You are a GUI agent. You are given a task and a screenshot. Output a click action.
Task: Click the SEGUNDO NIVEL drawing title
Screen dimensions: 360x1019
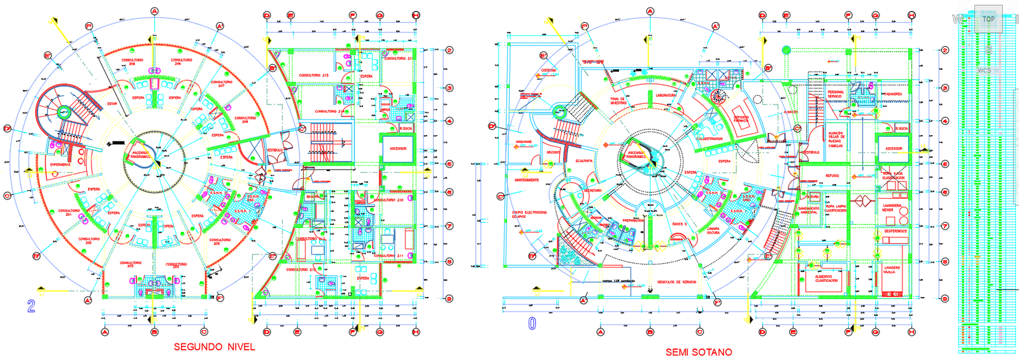pyautogui.click(x=214, y=347)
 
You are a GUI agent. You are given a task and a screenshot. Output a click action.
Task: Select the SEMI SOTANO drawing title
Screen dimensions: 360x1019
pyautogui.click(x=699, y=352)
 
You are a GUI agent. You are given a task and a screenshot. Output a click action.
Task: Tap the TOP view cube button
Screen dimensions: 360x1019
pyautogui.click(x=988, y=19)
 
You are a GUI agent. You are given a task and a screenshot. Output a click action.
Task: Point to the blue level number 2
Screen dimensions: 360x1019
pyautogui.click(x=31, y=306)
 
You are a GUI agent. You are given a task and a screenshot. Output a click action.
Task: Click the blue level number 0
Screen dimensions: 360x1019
pyautogui.click(x=532, y=324)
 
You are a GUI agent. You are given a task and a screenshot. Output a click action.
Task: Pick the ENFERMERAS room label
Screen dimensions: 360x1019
pyautogui.click(x=61, y=165)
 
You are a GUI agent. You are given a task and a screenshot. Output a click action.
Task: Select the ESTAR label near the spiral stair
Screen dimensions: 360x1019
pyautogui.click(x=112, y=104)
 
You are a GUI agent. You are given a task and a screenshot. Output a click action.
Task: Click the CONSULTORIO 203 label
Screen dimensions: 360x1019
pyautogui.click(x=131, y=264)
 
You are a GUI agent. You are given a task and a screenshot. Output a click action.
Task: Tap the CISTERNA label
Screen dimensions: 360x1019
pyautogui.click(x=548, y=71)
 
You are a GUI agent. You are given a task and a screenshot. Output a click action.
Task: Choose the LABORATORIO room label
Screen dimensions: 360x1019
pyautogui.click(x=666, y=96)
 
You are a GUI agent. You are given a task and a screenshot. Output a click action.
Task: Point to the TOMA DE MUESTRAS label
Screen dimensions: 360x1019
pyautogui.click(x=618, y=101)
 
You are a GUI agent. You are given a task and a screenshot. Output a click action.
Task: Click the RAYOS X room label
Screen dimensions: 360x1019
pyautogui.click(x=680, y=224)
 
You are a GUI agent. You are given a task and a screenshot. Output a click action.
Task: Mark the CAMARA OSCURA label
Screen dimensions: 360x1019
pyautogui.click(x=713, y=231)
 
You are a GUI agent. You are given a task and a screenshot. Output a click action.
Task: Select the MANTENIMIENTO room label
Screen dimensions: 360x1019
pyautogui.click(x=527, y=180)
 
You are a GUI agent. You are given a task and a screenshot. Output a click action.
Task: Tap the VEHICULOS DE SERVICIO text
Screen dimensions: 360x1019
pyautogui.click(x=677, y=282)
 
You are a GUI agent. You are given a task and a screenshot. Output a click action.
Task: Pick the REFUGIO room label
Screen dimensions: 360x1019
pyautogui.click(x=832, y=176)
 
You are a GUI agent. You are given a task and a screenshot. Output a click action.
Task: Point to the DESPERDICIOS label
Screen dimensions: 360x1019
pyautogui.click(x=895, y=231)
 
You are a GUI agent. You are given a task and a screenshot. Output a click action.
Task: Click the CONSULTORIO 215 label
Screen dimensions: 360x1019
pyautogui.click(x=314, y=76)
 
